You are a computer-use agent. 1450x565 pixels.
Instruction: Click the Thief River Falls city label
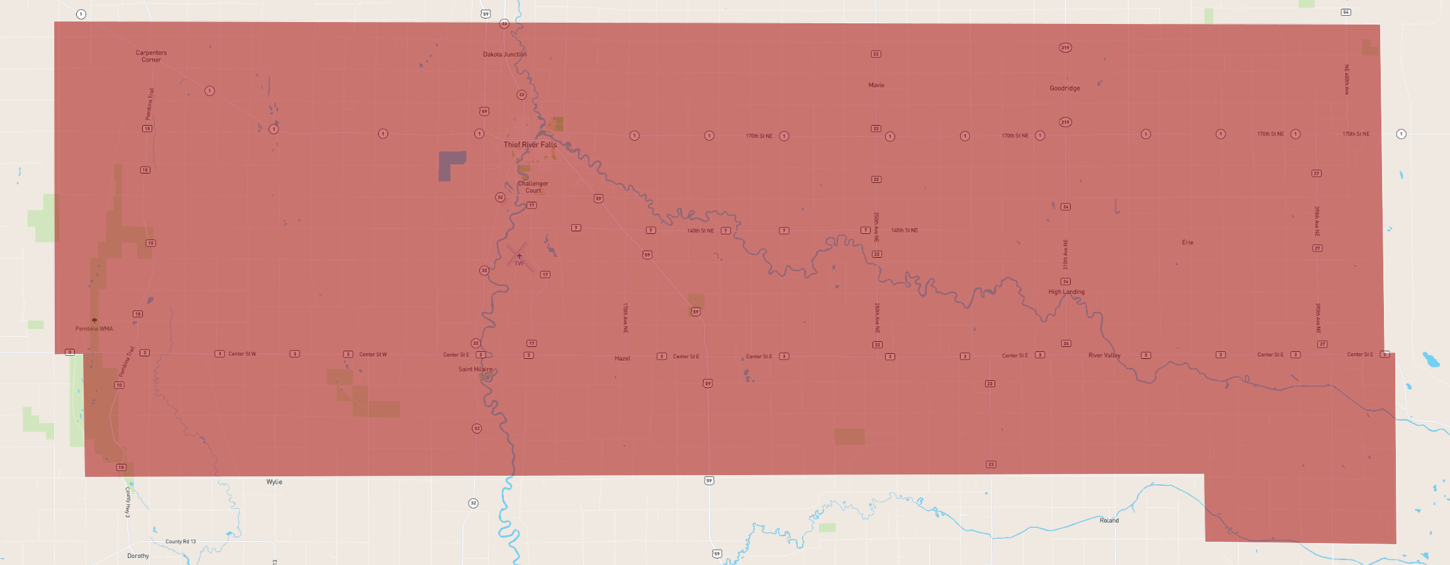pyautogui.click(x=530, y=145)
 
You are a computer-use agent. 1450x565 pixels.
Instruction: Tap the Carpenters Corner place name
pyautogui.click(x=151, y=56)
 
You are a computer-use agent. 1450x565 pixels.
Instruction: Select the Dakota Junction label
pyautogui.click(x=505, y=54)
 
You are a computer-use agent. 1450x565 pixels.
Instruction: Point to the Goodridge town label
pyautogui.click(x=1064, y=88)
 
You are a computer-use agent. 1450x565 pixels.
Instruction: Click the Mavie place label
pyautogui.click(x=876, y=85)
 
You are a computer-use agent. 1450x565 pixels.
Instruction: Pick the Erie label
pyautogui.click(x=1187, y=242)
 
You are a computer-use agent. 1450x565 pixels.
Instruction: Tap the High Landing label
pyautogui.click(x=1066, y=292)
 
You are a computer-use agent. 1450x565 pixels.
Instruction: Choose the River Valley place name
pyautogui.click(x=1104, y=355)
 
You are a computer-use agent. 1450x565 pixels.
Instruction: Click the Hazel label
pyautogui.click(x=622, y=358)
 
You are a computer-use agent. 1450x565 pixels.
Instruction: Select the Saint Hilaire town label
pyautogui.click(x=475, y=369)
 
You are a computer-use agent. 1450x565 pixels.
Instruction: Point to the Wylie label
pyautogui.click(x=274, y=482)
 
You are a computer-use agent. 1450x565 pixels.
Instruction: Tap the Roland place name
pyautogui.click(x=1109, y=520)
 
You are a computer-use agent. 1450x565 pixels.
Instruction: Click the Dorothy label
pyautogui.click(x=138, y=556)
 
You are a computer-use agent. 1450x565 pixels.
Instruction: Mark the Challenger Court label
pyautogui.click(x=533, y=187)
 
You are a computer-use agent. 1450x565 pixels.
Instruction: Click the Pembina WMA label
pyautogui.click(x=94, y=329)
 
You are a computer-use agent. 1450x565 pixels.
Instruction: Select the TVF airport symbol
pyautogui.click(x=519, y=256)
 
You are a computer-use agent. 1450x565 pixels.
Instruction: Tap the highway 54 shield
pyautogui.click(x=1346, y=12)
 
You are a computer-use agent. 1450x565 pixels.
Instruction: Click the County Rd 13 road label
pyautogui.click(x=181, y=541)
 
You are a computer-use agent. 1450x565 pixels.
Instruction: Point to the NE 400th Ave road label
pyautogui.click(x=1347, y=79)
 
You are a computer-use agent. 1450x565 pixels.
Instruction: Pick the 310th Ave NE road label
pyautogui.click(x=1066, y=255)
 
